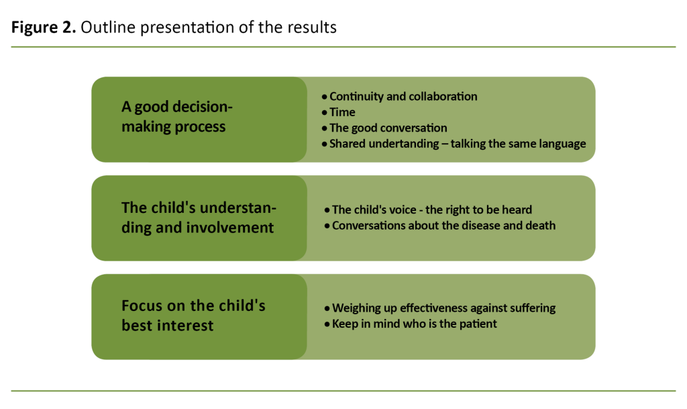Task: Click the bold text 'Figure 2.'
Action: (42, 28)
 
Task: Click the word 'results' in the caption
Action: (313, 28)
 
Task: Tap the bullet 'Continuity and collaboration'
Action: (403, 96)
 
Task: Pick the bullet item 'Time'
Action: (342, 112)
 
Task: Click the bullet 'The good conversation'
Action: (388, 128)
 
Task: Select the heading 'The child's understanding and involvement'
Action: (199, 218)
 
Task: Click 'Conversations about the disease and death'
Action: (443, 226)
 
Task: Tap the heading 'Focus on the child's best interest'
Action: (193, 316)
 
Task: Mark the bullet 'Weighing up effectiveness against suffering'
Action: (443, 308)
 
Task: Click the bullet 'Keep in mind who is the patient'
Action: (415, 324)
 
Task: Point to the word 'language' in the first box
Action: (564, 144)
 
